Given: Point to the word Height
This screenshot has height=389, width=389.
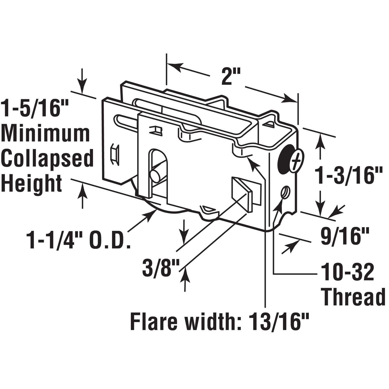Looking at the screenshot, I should [32, 183].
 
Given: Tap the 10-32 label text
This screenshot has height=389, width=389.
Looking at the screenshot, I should [347, 272].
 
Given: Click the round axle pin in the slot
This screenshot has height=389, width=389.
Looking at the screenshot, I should [156, 176].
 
